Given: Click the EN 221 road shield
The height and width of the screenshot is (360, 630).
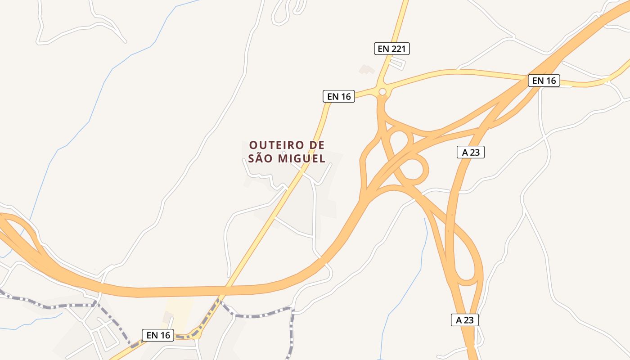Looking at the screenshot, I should pos(392,49).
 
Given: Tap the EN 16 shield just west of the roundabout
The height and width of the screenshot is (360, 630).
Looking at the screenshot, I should pos(339,96).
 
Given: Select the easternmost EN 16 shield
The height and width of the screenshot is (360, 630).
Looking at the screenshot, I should pos(544,81).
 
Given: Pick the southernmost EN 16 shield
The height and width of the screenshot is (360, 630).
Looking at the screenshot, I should pos(158,335).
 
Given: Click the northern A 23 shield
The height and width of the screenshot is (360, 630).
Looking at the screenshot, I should pos(471,152).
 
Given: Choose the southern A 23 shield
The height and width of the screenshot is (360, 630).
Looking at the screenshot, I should pos(465,320).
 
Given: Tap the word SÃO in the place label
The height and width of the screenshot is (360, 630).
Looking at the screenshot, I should pos(260,159).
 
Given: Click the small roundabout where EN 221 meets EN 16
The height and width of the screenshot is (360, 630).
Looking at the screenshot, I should pos(382,92).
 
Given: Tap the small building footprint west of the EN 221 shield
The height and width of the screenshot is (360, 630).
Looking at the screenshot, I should pos(367,69).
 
